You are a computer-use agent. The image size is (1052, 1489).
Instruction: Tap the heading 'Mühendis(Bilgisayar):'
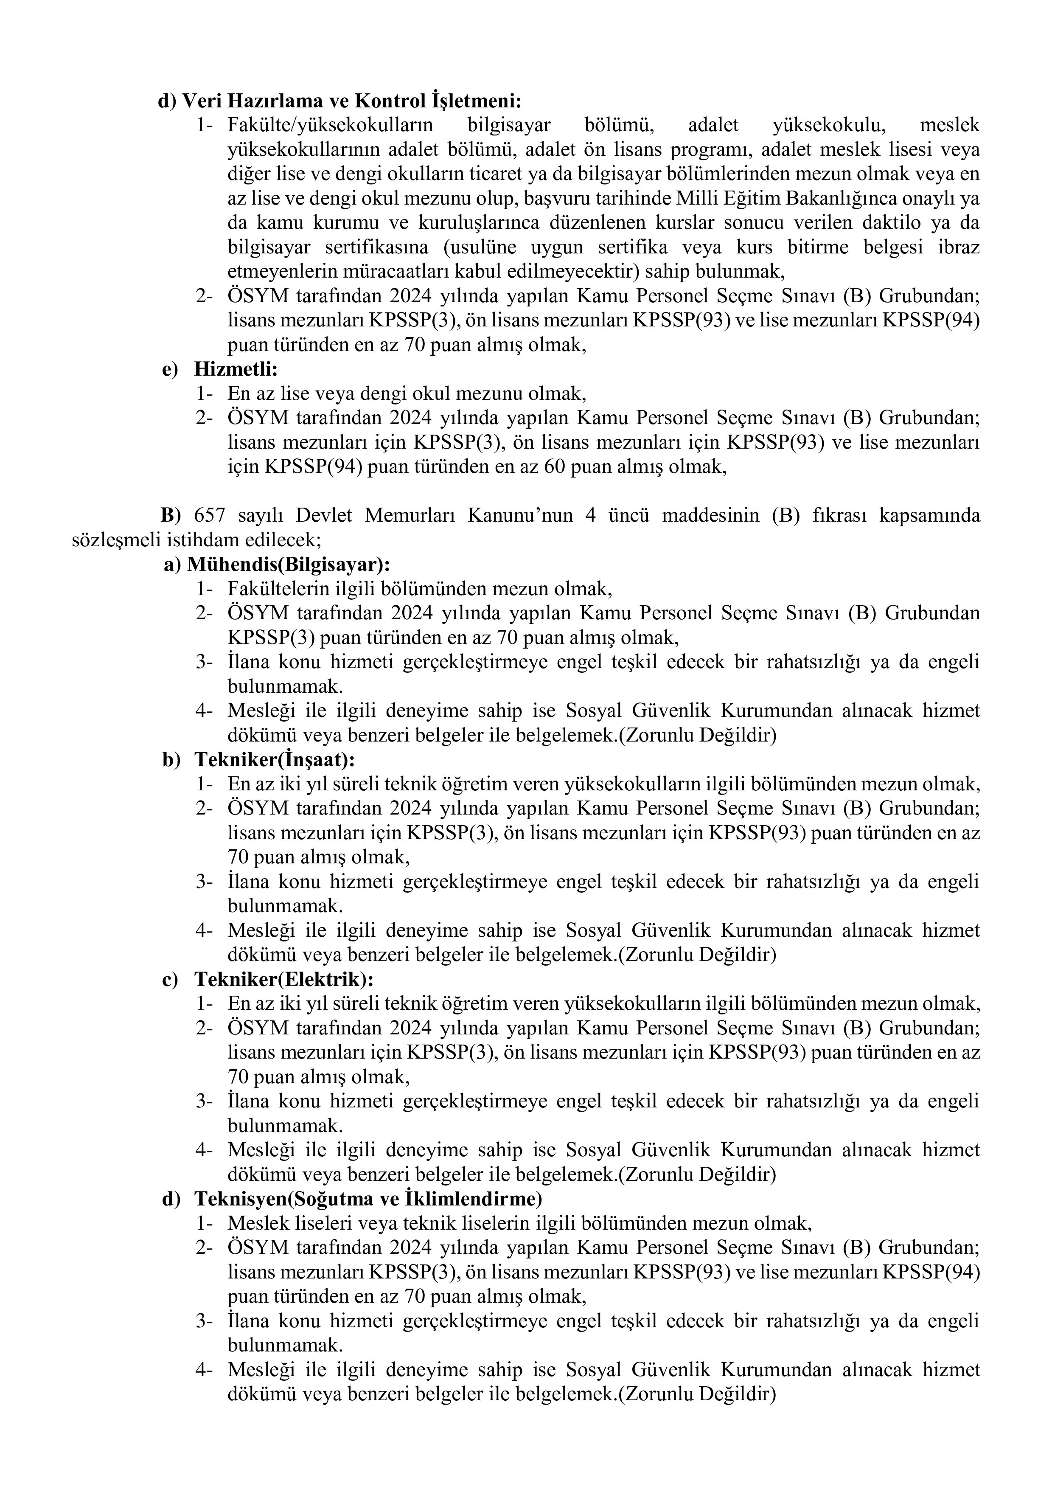tap(289, 564)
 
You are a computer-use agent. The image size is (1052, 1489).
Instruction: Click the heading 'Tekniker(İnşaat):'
tap(275, 759)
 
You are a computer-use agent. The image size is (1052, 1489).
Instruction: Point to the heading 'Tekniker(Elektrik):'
tap(284, 979)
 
